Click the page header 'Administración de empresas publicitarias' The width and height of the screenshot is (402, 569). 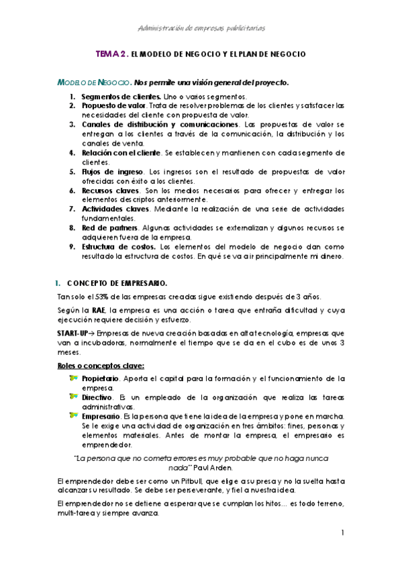[x=201, y=28]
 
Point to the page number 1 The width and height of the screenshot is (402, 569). [x=342, y=533]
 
